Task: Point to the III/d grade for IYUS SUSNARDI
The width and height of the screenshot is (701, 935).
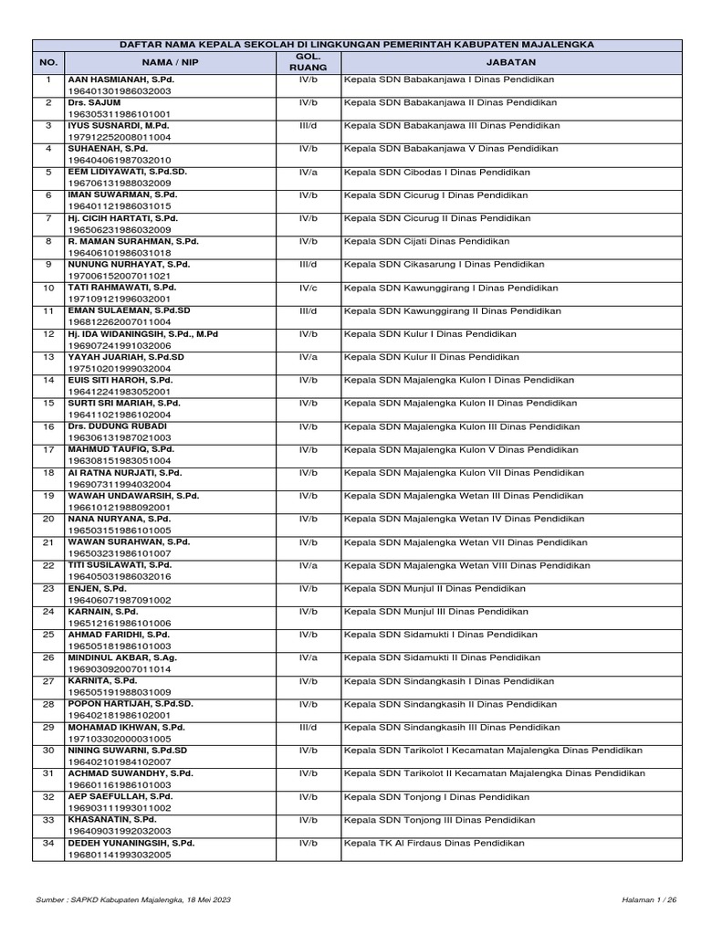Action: click(x=309, y=125)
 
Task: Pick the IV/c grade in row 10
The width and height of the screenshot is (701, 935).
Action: click(x=309, y=287)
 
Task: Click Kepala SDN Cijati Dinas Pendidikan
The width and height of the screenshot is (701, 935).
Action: click(x=426, y=241)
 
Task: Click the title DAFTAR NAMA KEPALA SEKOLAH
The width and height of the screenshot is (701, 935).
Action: click(x=357, y=44)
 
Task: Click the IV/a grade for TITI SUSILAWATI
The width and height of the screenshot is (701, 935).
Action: click(x=309, y=564)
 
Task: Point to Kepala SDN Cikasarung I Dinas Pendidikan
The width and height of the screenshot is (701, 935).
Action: click(x=444, y=264)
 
